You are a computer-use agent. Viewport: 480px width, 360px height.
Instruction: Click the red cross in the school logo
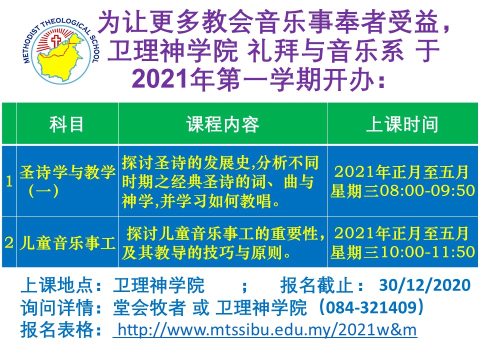(x=56, y=40)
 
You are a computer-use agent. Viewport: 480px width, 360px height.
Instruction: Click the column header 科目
(x=66, y=124)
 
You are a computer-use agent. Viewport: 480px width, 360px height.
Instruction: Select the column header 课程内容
(x=222, y=124)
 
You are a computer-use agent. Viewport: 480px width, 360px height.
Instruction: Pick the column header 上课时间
(x=402, y=124)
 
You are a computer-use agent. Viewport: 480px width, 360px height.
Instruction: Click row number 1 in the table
(x=9, y=181)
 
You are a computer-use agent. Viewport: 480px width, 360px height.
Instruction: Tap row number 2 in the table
(x=9, y=243)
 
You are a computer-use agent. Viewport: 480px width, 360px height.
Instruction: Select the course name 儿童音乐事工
(x=67, y=243)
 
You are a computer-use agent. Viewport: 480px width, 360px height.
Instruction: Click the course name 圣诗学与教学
(x=67, y=171)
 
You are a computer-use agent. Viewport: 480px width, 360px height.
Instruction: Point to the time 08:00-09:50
(x=427, y=190)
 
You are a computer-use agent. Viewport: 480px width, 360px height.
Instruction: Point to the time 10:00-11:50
(x=427, y=251)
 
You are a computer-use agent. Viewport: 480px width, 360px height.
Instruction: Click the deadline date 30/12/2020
(x=424, y=285)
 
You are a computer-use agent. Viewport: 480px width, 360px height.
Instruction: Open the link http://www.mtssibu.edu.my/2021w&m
(x=265, y=330)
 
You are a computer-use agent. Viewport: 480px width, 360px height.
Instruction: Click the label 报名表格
(x=57, y=329)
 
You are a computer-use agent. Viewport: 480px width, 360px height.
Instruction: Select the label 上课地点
(x=57, y=285)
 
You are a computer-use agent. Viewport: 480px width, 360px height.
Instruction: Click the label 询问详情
(x=57, y=307)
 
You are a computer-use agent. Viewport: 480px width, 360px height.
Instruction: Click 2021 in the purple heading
(x=159, y=79)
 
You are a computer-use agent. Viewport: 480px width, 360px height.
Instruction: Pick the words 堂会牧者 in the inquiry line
(x=149, y=307)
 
